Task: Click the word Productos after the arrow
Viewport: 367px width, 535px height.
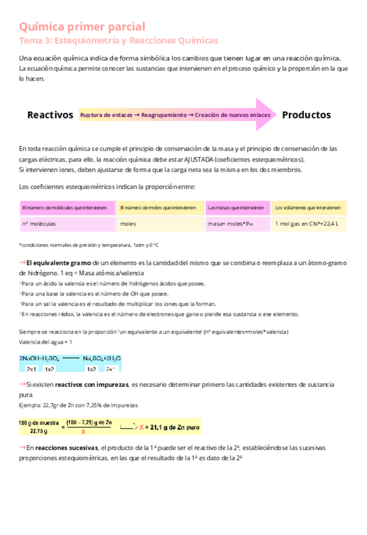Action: click(x=306, y=115)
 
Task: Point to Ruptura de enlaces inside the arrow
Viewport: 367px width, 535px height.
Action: click(x=107, y=115)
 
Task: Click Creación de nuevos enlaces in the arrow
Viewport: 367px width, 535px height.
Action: click(x=233, y=115)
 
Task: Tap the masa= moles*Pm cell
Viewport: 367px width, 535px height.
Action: click(x=230, y=223)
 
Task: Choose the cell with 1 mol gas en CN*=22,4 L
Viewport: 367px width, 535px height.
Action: click(x=303, y=223)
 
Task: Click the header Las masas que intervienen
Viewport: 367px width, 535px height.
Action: click(x=235, y=207)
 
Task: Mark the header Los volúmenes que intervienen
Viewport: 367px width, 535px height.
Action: click(x=308, y=207)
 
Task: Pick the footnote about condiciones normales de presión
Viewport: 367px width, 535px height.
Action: click(x=89, y=245)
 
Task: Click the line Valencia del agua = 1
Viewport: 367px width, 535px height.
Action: click(x=46, y=342)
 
